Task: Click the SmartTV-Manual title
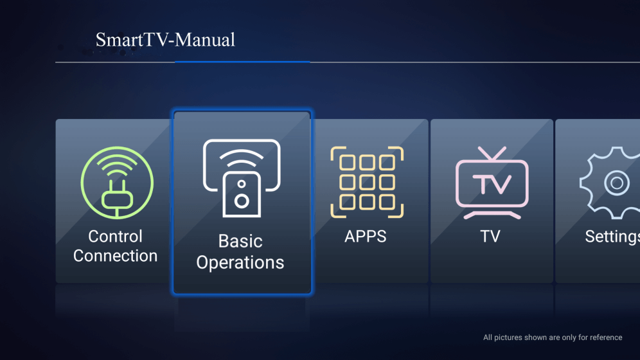pos(165,40)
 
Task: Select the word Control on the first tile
pos(115,237)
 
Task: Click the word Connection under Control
pos(115,256)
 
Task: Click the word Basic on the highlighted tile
pos(240,241)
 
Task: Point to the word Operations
pos(240,262)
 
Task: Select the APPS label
pos(366,237)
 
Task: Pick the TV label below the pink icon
pos(490,237)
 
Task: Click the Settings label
pos(612,237)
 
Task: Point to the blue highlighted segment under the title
pos(242,62)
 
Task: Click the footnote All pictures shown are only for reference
pos(553,337)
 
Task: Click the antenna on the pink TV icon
pos(492,154)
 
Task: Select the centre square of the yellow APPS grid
pos(367,182)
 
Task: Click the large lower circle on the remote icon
pos(242,201)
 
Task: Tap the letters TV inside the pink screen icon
pos(492,184)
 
